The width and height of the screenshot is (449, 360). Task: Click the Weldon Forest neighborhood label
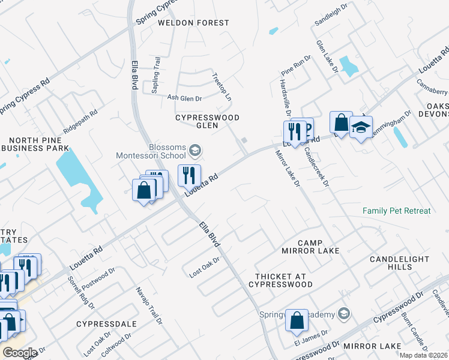pos(193,23)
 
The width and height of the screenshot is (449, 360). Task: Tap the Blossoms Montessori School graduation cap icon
pos(194,150)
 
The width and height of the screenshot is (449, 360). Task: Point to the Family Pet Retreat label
pos(396,211)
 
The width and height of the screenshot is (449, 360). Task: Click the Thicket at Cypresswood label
pos(281,281)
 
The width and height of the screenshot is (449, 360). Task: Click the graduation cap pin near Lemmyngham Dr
pos(361,127)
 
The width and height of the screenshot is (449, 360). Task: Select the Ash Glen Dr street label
pos(184,98)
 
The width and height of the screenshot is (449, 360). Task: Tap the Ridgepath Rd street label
pos(80,121)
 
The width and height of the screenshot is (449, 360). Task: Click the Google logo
pos(20,352)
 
